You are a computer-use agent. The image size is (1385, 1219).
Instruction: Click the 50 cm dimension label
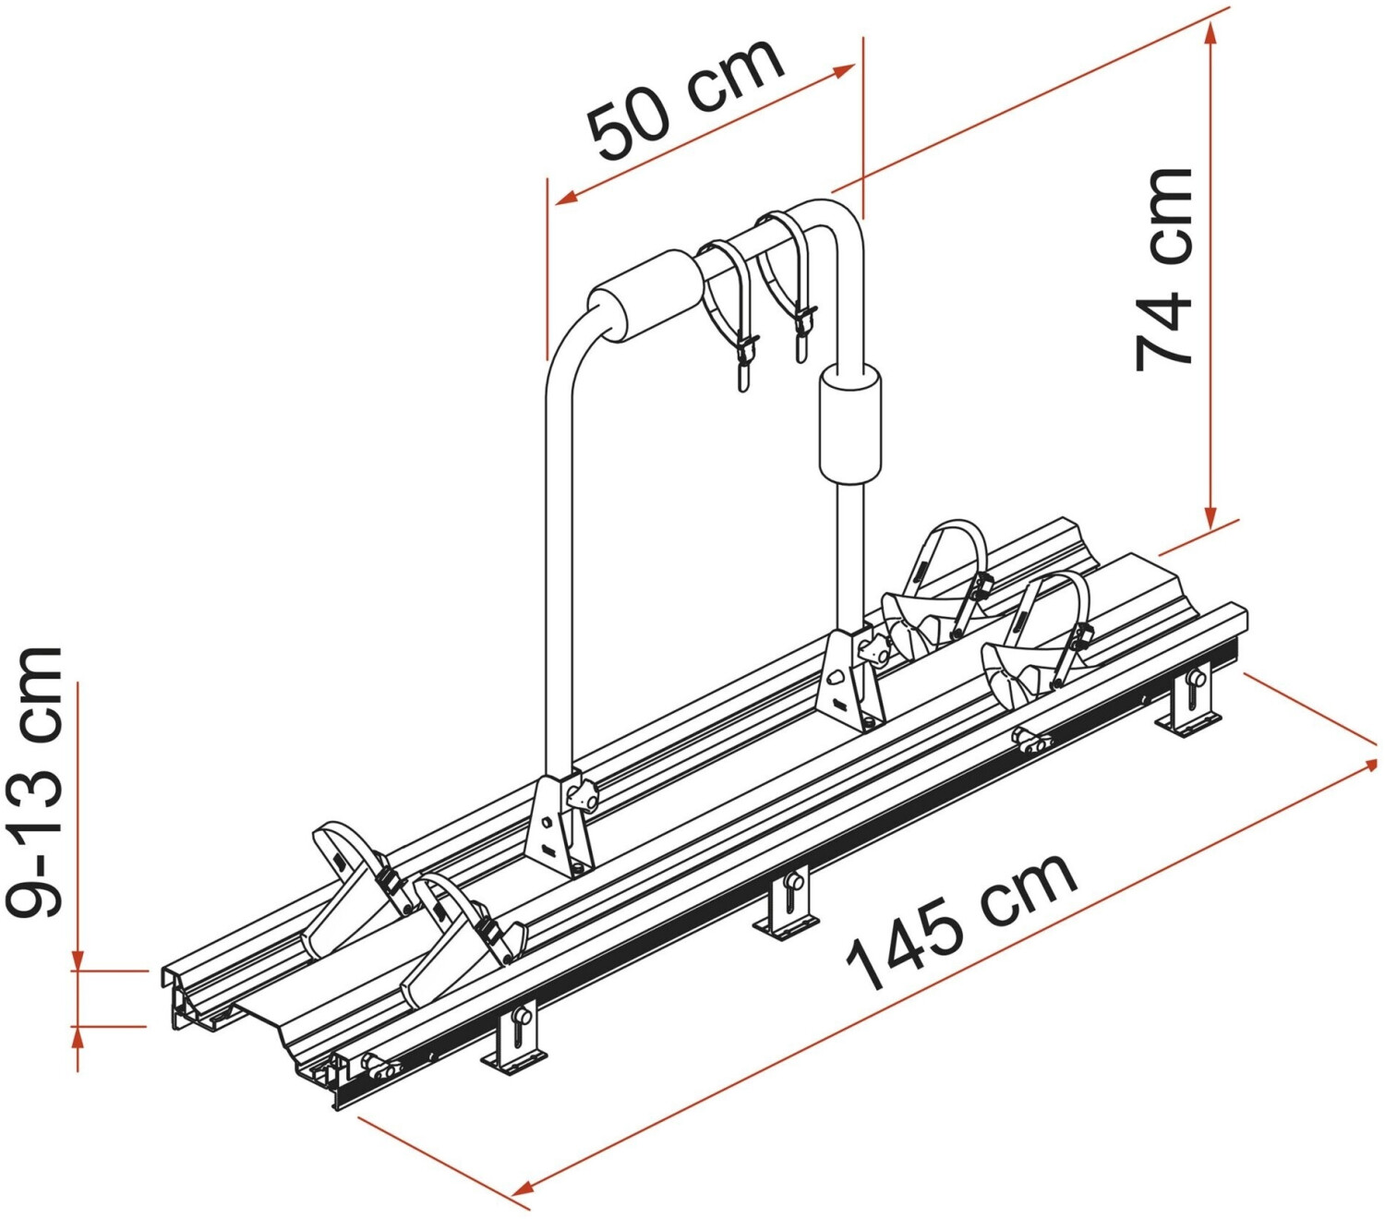[x=686, y=99]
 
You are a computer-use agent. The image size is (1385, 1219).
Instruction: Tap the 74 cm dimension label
[x=1163, y=270]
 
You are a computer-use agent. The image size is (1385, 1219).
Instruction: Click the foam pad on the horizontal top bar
[x=645, y=298]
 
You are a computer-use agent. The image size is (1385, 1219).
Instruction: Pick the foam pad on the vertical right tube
[x=849, y=424]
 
